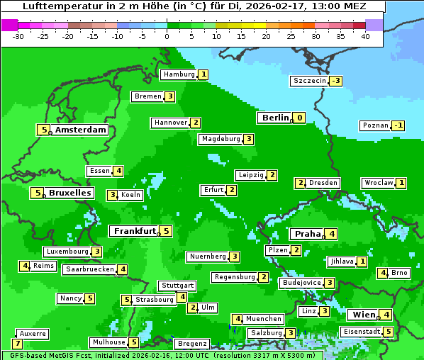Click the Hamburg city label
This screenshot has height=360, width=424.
pyautogui.click(x=179, y=74)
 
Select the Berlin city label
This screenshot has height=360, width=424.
pyautogui.click(x=275, y=118)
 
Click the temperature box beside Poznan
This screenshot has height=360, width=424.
pyautogui.click(x=399, y=125)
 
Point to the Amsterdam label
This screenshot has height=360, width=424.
pyautogui.click(x=81, y=130)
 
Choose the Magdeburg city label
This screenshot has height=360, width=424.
pyautogui.click(x=221, y=139)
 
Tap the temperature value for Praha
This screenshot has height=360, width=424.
pyautogui.click(x=332, y=234)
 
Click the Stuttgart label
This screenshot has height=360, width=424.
pyautogui.click(x=177, y=286)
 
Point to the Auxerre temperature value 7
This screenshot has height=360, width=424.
pyautogui.click(x=17, y=344)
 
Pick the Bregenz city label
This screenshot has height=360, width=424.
pyautogui.click(x=191, y=344)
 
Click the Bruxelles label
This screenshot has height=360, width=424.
pyautogui.click(x=69, y=193)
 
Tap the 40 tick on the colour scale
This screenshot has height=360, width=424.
pyautogui.click(x=365, y=35)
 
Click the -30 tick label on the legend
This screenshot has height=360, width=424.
pyautogui.click(x=18, y=35)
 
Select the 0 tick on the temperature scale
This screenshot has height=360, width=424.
pyautogui.click(x=167, y=35)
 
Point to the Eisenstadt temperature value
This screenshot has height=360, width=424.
pyautogui.click(x=388, y=332)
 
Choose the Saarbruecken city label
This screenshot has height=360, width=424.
pyautogui.click(x=89, y=269)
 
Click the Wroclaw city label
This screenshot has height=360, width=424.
pyautogui.click(x=379, y=183)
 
